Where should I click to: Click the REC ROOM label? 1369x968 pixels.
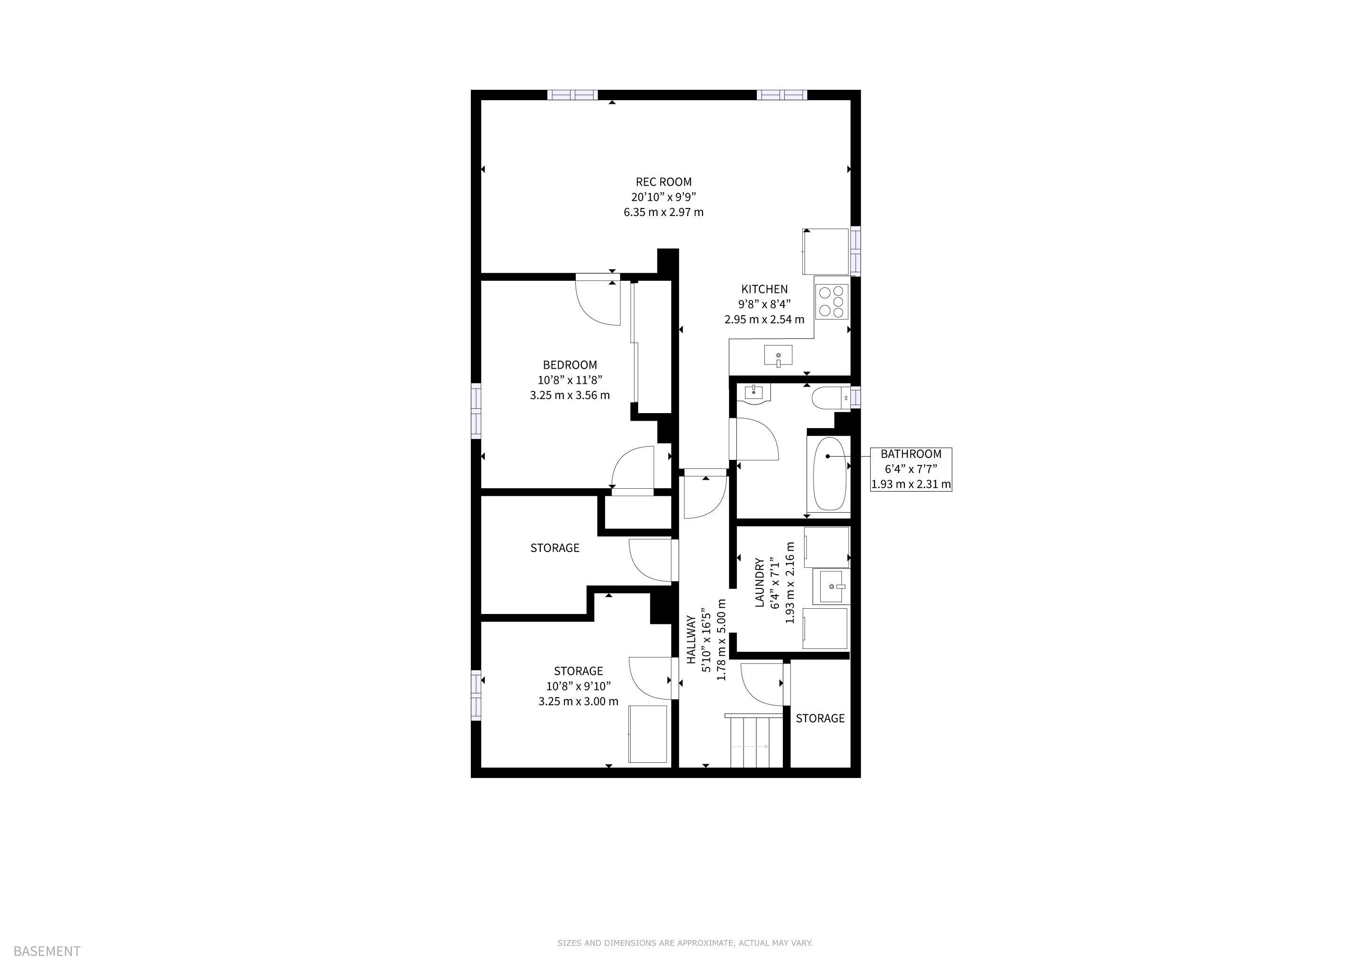pyautogui.click(x=664, y=182)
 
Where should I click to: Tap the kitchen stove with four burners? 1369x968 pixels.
pyautogui.click(x=832, y=302)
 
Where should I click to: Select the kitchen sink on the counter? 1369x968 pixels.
pyautogui.click(x=778, y=355)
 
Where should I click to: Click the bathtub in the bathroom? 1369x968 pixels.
pyautogui.click(x=829, y=475)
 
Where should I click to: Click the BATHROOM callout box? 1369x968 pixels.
pyautogui.click(x=911, y=469)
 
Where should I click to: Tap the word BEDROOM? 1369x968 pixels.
pyautogui.click(x=570, y=365)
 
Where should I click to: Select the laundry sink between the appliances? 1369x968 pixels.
pyautogui.click(x=831, y=587)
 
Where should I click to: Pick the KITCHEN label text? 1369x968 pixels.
pyautogui.click(x=764, y=289)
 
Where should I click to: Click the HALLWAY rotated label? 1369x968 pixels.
pyautogui.click(x=692, y=640)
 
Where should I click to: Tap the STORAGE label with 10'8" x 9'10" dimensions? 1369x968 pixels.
pyautogui.click(x=578, y=671)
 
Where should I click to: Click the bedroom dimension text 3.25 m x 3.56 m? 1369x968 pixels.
pyautogui.click(x=570, y=395)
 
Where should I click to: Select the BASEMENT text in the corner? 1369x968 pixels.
pyautogui.click(x=46, y=951)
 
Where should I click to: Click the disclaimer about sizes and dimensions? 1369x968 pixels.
pyautogui.click(x=685, y=943)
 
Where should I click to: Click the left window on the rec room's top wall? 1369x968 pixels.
pyautogui.click(x=572, y=95)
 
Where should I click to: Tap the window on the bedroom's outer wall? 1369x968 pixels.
pyautogui.click(x=476, y=411)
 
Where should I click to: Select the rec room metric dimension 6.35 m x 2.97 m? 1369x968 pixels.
pyautogui.click(x=664, y=212)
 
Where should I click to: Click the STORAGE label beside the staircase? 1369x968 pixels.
pyautogui.click(x=821, y=718)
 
